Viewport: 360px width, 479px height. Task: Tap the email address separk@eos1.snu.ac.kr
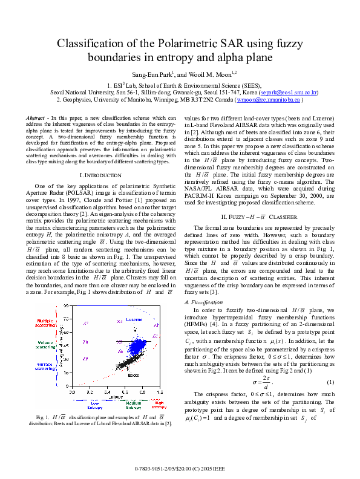point(289,93)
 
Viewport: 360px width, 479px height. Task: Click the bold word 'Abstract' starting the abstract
point(39,117)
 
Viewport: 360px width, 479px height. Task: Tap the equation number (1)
point(330,381)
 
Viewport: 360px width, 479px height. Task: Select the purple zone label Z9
point(85,359)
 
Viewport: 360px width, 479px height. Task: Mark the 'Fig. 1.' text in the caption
point(42,418)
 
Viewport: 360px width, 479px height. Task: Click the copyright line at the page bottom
point(180,468)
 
